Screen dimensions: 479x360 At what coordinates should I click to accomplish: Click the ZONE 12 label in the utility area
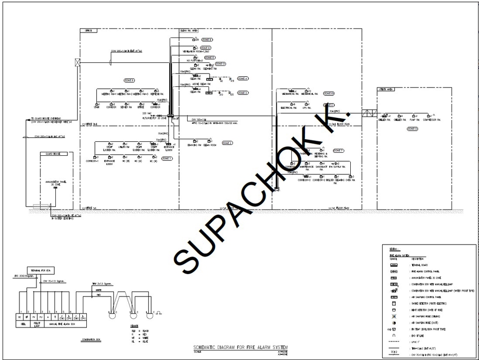tap(412, 129)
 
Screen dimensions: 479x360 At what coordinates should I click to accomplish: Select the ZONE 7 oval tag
tap(338, 151)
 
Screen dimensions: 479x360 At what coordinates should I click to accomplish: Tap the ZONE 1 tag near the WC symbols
tap(166, 158)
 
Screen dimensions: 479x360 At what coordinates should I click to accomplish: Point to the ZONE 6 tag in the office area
tap(129, 80)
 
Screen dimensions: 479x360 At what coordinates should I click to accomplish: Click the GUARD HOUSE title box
tap(53, 154)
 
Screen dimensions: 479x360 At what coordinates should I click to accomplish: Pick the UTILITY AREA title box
tap(387, 90)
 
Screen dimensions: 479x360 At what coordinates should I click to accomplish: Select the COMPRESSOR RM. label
tap(432, 120)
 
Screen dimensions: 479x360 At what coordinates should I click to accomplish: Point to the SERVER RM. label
tap(127, 107)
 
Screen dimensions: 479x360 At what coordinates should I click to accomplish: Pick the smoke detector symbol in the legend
tap(394, 303)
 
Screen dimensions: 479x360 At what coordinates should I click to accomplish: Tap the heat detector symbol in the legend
tap(394, 310)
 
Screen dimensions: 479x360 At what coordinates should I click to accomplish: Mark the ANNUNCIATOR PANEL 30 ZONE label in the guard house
tap(56, 183)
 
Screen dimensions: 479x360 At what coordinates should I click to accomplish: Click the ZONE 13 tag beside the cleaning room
tap(221, 64)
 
